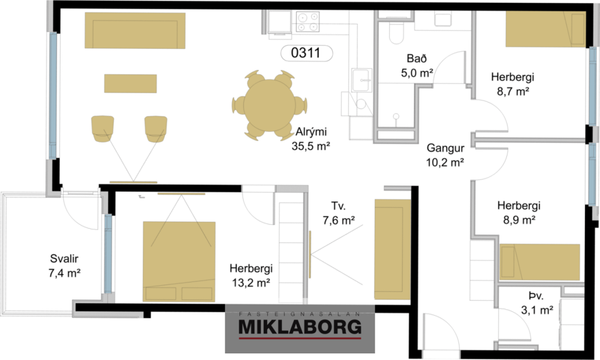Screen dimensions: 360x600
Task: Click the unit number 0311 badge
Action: [306, 53]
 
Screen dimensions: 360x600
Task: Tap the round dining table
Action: [270, 104]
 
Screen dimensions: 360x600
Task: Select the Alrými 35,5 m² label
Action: [310, 139]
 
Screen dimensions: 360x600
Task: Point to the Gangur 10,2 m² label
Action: [445, 156]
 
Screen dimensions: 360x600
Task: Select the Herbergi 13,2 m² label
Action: [251, 276]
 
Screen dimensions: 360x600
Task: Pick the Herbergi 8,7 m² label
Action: [512, 85]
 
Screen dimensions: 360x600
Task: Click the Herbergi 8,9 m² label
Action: [518, 212]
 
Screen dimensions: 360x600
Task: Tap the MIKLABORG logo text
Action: [300, 327]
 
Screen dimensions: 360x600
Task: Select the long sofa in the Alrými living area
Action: [135, 30]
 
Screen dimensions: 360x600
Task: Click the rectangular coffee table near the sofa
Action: [130, 83]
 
